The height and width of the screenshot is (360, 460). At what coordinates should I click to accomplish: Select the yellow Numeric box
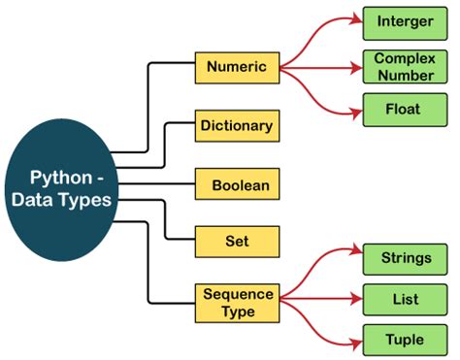(x=237, y=68)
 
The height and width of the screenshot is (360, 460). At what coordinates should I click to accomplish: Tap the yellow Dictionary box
(x=237, y=125)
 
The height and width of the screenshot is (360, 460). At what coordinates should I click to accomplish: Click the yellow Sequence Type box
(x=237, y=303)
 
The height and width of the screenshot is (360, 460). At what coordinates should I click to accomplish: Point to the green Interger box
(x=405, y=21)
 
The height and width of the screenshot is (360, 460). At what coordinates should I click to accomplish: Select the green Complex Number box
(x=405, y=67)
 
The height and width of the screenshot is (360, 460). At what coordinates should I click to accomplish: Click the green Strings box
(x=405, y=258)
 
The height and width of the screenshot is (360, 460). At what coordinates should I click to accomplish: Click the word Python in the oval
(x=61, y=179)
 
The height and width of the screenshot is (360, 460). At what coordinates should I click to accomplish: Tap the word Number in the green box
(x=405, y=75)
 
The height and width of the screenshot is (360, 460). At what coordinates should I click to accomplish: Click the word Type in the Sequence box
(x=237, y=311)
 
